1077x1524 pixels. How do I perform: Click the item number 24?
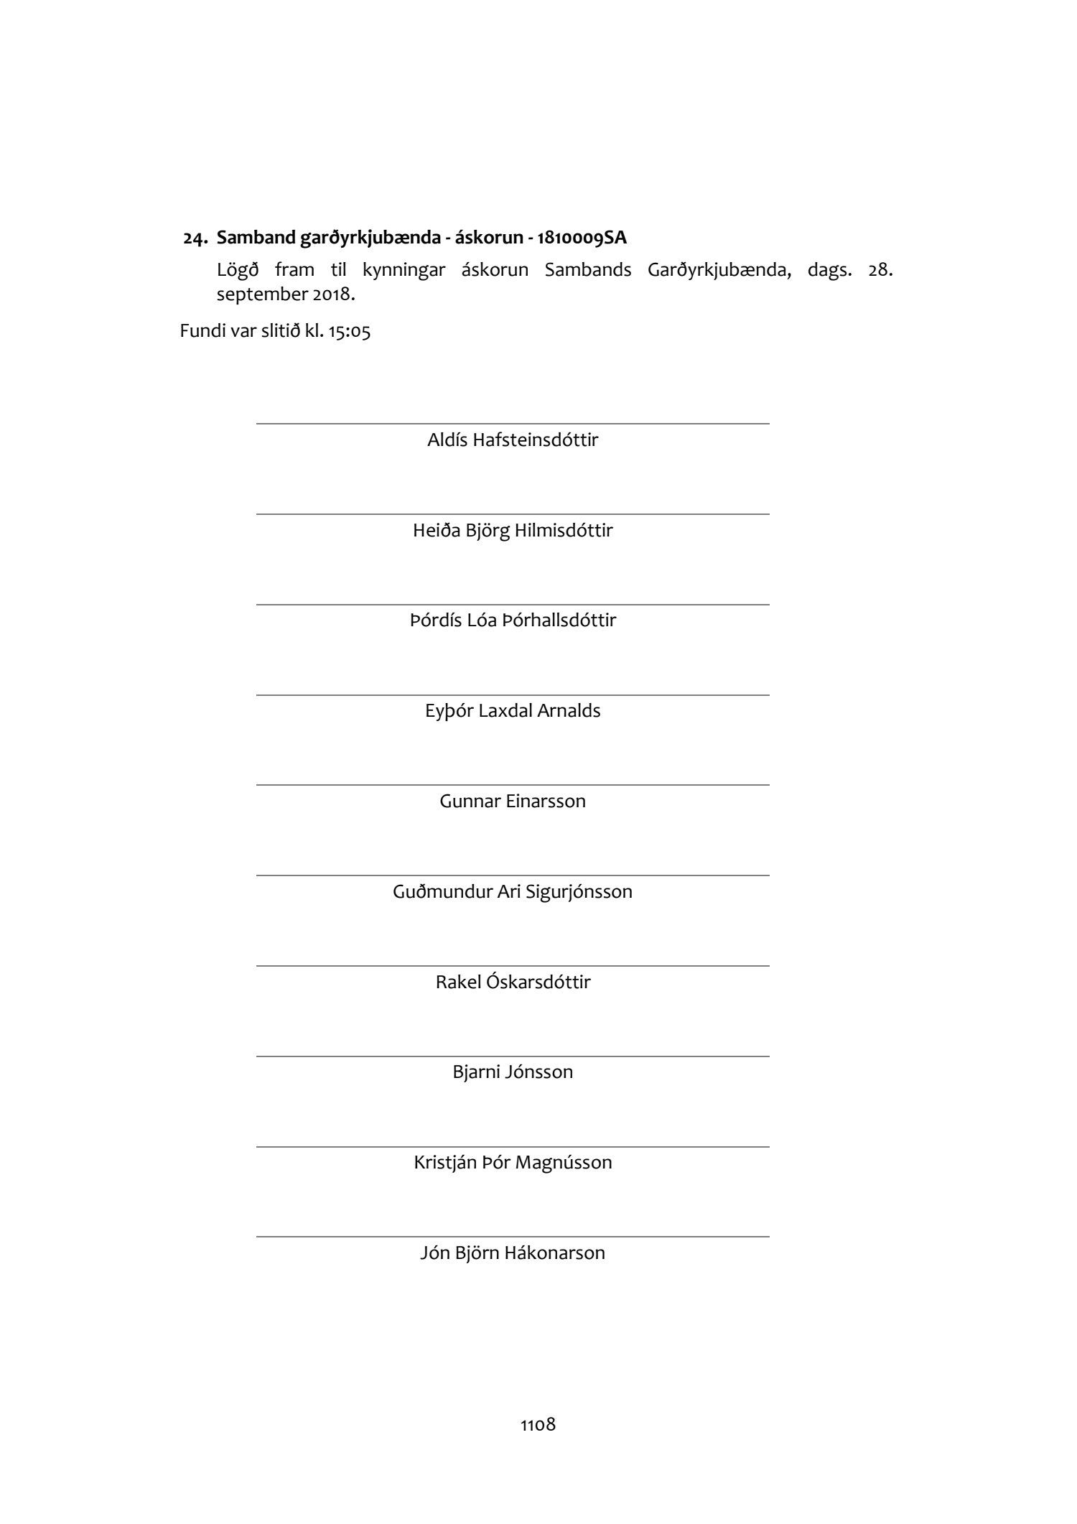click(195, 238)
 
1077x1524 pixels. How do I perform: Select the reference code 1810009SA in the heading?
click(582, 238)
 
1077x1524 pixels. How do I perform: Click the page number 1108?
click(538, 1425)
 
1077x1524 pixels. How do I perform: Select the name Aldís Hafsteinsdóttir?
click(513, 440)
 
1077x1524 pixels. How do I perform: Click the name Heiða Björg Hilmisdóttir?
click(513, 531)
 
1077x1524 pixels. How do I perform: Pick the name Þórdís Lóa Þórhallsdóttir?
click(513, 621)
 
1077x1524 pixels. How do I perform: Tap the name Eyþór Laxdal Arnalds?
click(513, 711)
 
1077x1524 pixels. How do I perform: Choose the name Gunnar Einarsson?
click(513, 802)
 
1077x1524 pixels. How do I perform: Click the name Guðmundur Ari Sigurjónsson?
click(513, 892)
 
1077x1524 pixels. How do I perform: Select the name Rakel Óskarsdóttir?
click(513, 982)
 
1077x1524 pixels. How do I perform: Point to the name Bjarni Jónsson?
click(513, 1072)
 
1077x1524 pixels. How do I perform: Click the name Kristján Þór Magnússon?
click(513, 1163)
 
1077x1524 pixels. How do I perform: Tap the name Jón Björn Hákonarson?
click(513, 1253)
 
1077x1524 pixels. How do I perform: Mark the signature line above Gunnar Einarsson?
click(513, 785)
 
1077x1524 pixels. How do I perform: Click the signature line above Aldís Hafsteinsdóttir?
click(513, 424)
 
